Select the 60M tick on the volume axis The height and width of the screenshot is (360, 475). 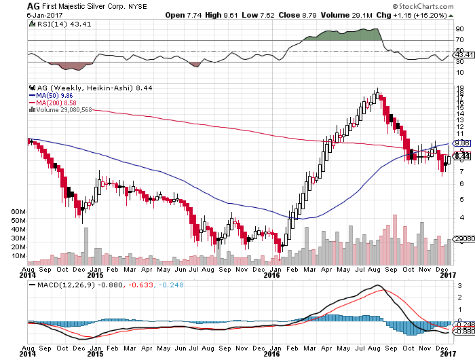point(19,212)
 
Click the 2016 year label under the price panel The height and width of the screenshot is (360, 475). point(271,275)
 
